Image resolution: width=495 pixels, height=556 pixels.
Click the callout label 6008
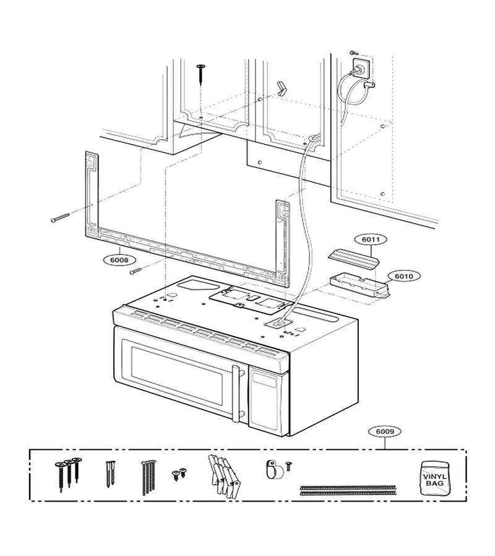point(119,260)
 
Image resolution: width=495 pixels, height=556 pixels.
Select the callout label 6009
point(385,432)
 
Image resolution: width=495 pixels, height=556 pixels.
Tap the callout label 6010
point(404,276)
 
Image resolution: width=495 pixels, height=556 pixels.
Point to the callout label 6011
point(371,240)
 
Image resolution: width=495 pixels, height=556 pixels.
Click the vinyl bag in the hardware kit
point(434,478)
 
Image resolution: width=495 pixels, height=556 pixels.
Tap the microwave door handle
point(235,394)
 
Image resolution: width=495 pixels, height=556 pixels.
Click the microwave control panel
point(264,395)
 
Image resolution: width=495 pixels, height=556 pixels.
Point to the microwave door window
point(176,376)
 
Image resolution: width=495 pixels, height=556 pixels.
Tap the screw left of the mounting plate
point(61,217)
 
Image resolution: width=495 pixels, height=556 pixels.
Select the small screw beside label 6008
point(136,271)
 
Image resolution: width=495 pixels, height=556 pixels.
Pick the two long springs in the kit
point(348,490)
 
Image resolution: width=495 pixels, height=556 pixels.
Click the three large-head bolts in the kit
point(68,473)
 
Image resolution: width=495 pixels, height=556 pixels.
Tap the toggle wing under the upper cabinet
point(282,88)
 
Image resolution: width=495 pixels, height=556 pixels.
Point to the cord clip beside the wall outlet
point(369,85)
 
